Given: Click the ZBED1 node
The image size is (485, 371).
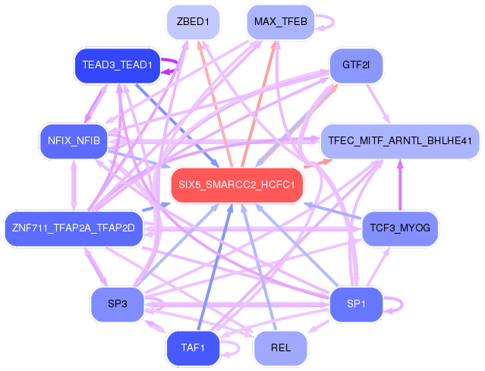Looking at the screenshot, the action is pyautogui.click(x=194, y=22).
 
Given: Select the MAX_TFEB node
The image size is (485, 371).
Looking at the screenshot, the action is pyautogui.click(x=281, y=22).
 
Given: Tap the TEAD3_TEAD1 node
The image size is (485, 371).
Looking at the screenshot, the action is pyautogui.click(x=118, y=65).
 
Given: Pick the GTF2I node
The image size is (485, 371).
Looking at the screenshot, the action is pyautogui.click(x=356, y=65).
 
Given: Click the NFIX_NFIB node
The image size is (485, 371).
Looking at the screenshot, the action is pyautogui.click(x=74, y=141).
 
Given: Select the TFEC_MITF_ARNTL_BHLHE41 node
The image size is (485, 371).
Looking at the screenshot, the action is pyautogui.click(x=400, y=141).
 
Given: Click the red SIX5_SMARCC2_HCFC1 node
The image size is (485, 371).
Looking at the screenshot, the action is pyautogui.click(x=237, y=185).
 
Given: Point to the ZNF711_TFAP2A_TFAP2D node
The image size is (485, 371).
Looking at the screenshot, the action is pyautogui.click(x=74, y=229).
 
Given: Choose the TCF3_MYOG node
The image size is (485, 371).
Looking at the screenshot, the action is pyautogui.click(x=400, y=229).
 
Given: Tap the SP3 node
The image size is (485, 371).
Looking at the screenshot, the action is pyautogui.click(x=118, y=304).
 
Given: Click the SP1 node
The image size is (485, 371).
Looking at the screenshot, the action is pyautogui.click(x=356, y=304).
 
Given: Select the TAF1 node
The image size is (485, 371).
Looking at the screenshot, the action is pyautogui.click(x=194, y=348).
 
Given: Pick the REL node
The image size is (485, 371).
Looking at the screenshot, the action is pyautogui.click(x=281, y=348).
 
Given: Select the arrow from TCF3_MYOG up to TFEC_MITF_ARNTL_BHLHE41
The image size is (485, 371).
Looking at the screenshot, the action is pyautogui.click(x=400, y=185).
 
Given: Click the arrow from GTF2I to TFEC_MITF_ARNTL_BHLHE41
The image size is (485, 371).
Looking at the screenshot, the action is pyautogui.click(x=378, y=104).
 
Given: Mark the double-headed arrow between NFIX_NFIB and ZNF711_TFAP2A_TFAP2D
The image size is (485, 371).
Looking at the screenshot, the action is pyautogui.click(x=74, y=185).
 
